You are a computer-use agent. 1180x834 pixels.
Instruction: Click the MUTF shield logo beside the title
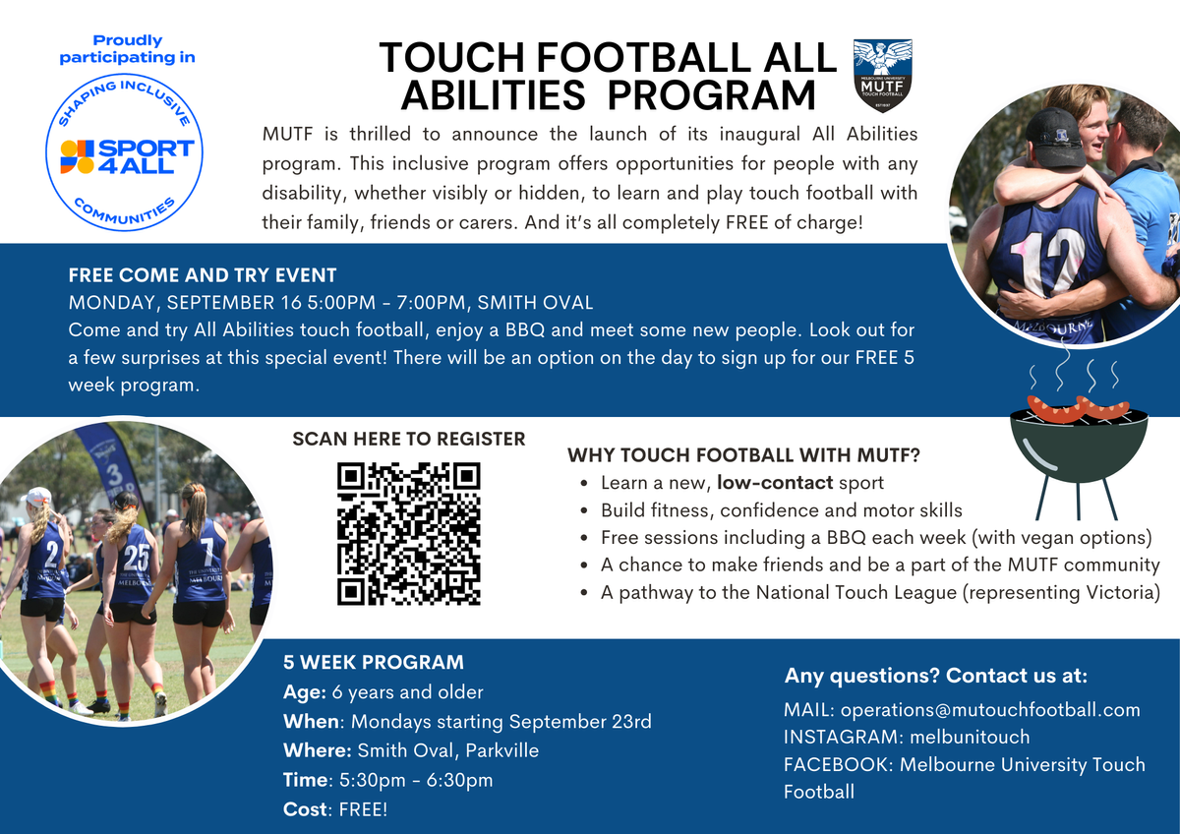coord(882,76)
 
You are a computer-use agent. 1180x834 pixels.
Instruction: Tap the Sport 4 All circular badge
coord(124,152)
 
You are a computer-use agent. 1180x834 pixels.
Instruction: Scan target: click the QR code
coord(409,534)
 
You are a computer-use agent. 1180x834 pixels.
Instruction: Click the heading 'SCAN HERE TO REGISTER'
coord(409,439)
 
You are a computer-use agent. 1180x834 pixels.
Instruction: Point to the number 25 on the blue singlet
coord(137,558)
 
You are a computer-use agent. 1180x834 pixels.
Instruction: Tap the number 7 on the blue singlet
coord(207,551)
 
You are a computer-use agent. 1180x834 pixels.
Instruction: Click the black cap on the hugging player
coord(1054,137)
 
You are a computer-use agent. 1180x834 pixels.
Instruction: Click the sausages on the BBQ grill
coord(1078,408)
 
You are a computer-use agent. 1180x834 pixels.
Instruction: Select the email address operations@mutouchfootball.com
coord(990,710)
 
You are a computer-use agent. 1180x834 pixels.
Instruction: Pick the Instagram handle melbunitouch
coord(970,737)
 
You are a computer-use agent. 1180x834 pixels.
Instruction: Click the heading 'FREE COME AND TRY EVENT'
coord(203,275)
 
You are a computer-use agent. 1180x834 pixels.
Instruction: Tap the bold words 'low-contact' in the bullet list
coord(775,483)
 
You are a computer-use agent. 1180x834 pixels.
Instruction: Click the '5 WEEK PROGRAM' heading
coord(374,662)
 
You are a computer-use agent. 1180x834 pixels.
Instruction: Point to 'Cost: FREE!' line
coord(335,808)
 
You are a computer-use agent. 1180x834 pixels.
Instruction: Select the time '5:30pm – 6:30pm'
coord(416,780)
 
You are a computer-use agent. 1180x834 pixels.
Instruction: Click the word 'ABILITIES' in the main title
coord(493,95)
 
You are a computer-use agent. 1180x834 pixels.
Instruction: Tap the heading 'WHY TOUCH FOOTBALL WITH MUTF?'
coord(743,455)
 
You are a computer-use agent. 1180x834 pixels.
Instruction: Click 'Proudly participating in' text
coord(127,49)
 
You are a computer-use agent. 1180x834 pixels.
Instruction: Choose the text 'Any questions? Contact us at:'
coord(936,676)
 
